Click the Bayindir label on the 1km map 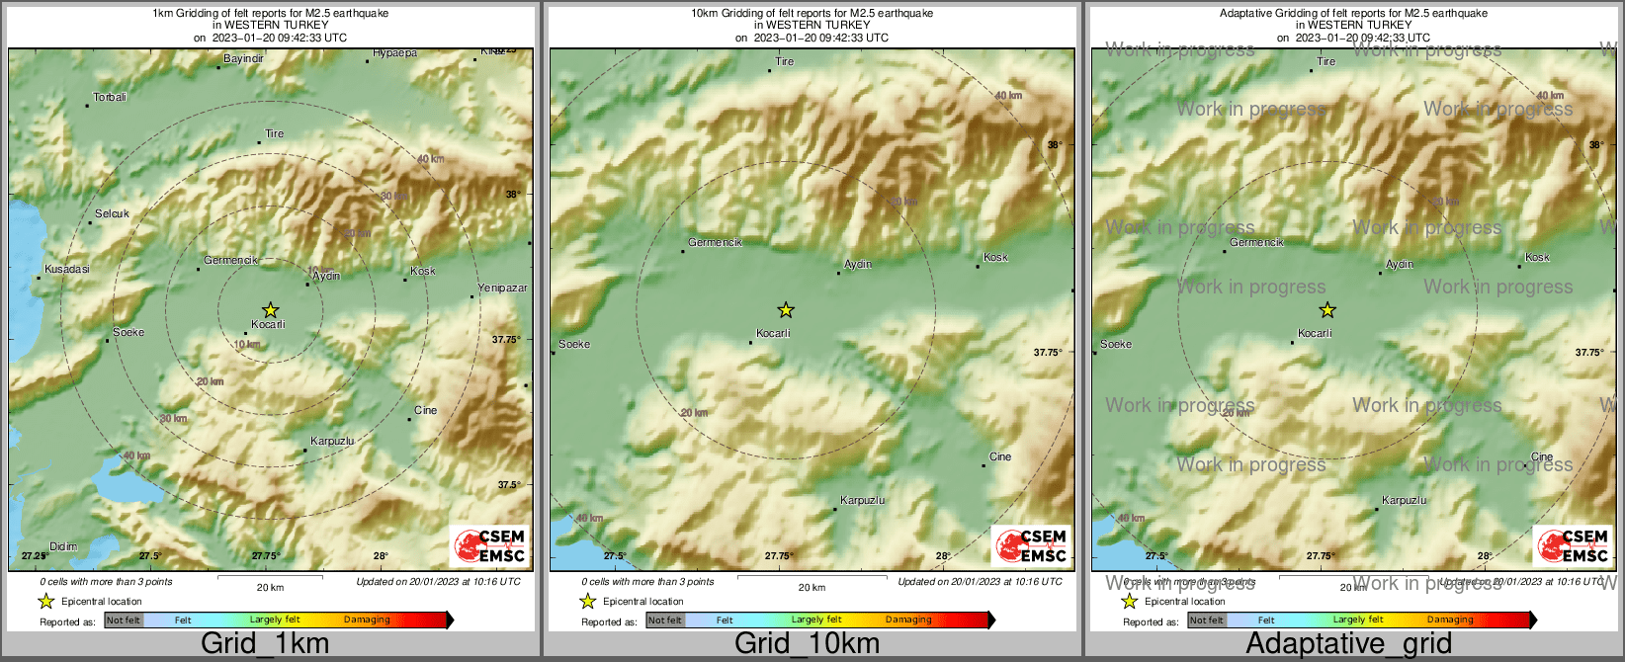(243, 59)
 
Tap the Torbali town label (110, 98)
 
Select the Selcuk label (112, 214)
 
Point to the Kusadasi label (67, 270)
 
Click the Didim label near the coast (63, 546)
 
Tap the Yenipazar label (502, 289)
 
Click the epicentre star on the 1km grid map (270, 310)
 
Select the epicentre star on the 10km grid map (785, 310)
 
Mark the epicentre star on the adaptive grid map (1326, 310)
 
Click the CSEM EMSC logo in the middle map (1031, 545)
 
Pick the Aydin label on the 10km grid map (858, 265)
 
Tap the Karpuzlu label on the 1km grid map (332, 442)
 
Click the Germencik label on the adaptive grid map (1256, 242)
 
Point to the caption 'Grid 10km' (807, 644)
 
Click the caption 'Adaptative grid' (1348, 644)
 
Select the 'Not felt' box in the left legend (124, 621)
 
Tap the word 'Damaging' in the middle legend (908, 620)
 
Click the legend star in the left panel (45, 601)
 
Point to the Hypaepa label (395, 53)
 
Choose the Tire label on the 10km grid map (785, 61)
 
